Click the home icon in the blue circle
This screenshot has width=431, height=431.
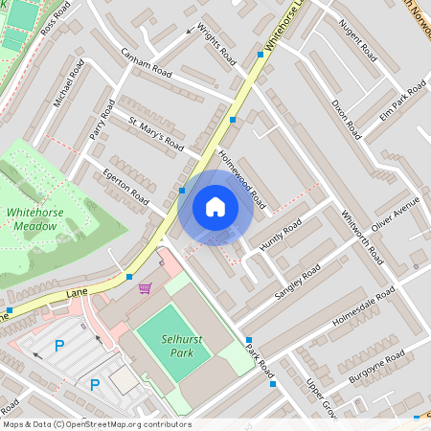click(215, 207)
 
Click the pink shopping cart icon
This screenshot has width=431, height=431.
click(145, 287)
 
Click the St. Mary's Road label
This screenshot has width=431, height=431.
click(156, 132)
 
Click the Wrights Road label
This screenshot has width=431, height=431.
click(216, 45)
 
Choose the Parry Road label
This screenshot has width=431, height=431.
click(102, 119)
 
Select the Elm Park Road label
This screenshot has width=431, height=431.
click(403, 102)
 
